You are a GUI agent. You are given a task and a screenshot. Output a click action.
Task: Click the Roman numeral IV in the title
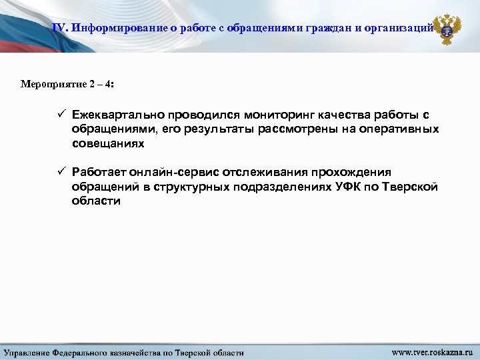click(x=60, y=28)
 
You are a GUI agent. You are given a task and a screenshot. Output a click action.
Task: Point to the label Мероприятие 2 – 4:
click(x=67, y=85)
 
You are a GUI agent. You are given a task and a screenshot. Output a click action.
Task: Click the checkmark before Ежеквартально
click(x=61, y=115)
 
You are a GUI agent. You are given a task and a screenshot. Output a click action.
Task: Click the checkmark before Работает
click(x=61, y=172)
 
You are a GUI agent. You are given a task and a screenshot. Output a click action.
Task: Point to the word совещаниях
click(x=108, y=143)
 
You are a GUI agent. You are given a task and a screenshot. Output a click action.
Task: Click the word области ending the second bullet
click(x=96, y=201)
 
